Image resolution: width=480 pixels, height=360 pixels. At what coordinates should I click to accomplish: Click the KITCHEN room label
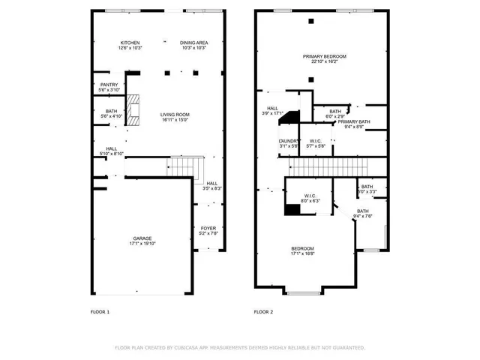click(x=130, y=43)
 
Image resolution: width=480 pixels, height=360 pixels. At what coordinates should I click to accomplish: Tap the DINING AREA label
click(x=193, y=43)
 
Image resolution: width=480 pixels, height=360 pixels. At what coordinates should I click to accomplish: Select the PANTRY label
click(x=109, y=85)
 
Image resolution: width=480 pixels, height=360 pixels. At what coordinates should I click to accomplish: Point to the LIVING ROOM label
click(x=174, y=115)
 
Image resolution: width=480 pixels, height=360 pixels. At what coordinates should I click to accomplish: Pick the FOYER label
click(x=208, y=228)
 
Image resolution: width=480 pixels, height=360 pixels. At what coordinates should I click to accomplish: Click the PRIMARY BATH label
click(x=353, y=121)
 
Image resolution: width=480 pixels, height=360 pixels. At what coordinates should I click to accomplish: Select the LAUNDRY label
click(x=289, y=141)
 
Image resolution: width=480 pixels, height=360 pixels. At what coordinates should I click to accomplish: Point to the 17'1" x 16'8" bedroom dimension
click(x=302, y=253)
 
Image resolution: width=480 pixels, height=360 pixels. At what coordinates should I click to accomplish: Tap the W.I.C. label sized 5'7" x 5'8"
click(x=316, y=141)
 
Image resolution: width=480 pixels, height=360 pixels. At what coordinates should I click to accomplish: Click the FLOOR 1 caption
click(x=100, y=311)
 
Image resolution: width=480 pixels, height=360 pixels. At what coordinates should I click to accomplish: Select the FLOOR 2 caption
click(x=264, y=311)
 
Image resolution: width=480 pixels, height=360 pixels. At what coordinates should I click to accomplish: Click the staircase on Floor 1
click(x=185, y=166)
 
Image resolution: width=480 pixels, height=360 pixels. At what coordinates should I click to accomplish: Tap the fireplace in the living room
click(x=133, y=109)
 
